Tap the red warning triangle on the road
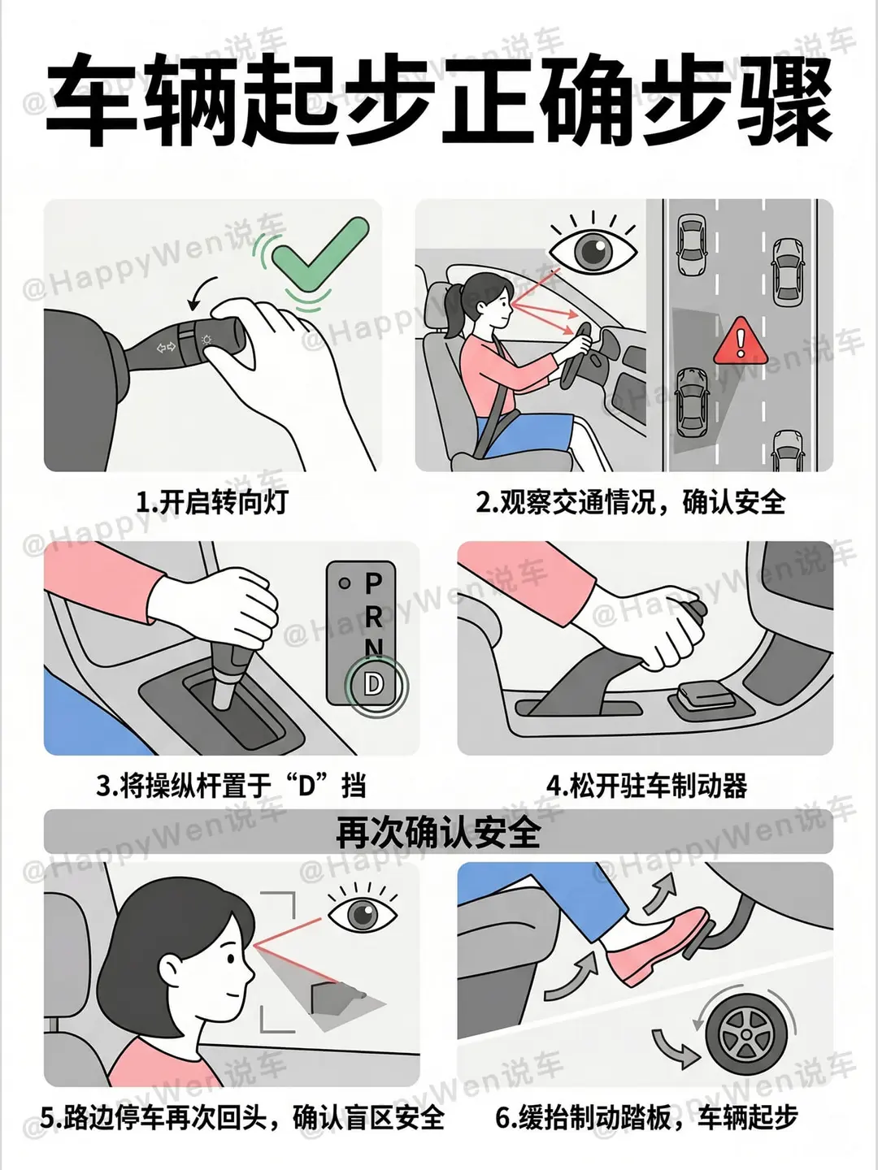[x=741, y=342]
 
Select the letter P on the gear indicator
[x=374, y=584]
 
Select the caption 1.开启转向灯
[x=211, y=502]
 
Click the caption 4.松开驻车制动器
[x=646, y=786]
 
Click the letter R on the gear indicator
[x=374, y=617]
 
